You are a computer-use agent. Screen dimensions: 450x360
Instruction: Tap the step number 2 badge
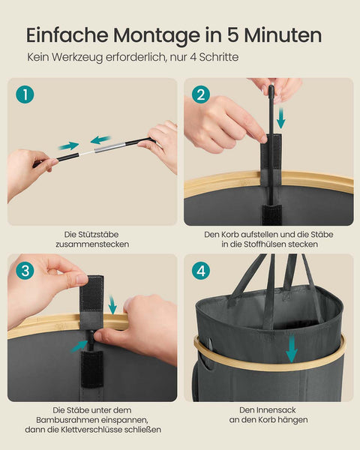[200, 94]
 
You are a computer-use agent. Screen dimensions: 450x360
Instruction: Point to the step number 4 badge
[200, 271]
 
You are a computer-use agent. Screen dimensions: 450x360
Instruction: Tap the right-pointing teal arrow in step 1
[69, 145]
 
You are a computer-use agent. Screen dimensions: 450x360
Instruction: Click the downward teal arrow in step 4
[291, 348]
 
